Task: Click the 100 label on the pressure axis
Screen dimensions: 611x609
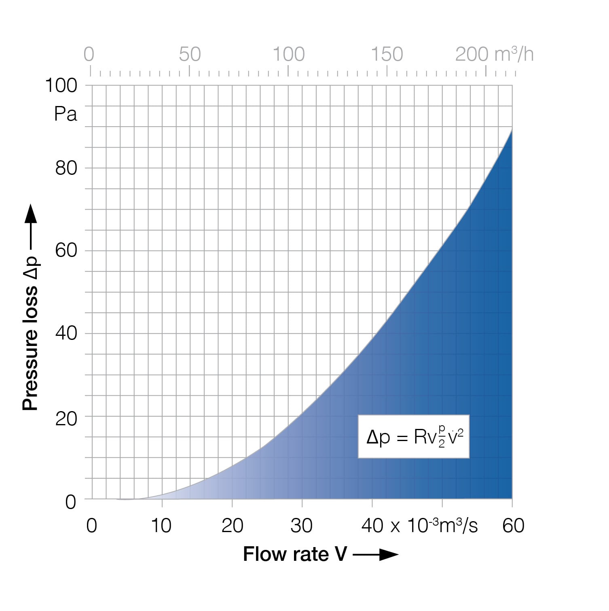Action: pos(61,86)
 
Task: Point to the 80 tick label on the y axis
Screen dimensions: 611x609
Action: pos(66,168)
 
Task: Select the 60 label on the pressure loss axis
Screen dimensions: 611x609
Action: pos(66,250)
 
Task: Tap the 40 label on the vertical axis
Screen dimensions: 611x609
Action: pos(66,333)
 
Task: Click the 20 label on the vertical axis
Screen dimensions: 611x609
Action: pos(66,419)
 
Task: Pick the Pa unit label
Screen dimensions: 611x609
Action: pos(66,115)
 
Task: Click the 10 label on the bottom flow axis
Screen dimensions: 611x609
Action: pos(161,526)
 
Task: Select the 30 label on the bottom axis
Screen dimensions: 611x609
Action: pos(302,526)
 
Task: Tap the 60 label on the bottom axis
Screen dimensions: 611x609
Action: pos(513,526)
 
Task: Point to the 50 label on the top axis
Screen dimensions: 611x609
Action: pos(190,54)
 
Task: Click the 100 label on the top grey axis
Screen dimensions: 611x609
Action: pos(288,54)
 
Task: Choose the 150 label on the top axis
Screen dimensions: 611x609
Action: pos(387,54)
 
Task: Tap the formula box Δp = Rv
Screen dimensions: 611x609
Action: pos(413,437)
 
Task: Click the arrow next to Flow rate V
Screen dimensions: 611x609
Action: pos(376,554)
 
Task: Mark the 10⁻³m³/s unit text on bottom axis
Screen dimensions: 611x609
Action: pos(442,526)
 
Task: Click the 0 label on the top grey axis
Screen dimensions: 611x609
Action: pos(89,54)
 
